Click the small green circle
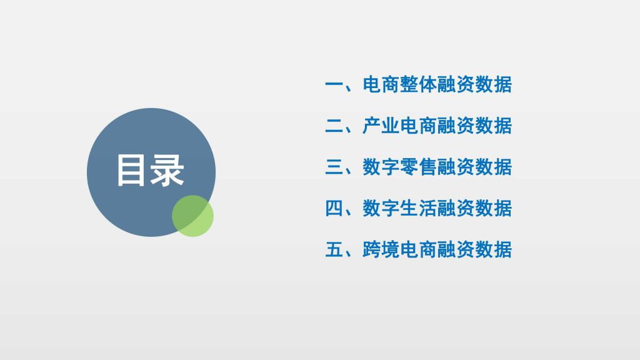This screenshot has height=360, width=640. click(192, 216)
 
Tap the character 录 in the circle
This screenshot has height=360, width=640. click(167, 171)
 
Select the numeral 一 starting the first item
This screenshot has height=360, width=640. click(334, 85)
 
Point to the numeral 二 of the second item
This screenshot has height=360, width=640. click(334, 126)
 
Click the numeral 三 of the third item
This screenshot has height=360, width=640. click(334, 167)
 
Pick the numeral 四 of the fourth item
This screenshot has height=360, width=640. click(334, 208)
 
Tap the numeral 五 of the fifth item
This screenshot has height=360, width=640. click(334, 249)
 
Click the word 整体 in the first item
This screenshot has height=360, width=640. click(418, 85)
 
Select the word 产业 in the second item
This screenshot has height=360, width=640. click(381, 126)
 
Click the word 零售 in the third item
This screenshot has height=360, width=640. click(418, 167)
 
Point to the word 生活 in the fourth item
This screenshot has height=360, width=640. click(418, 208)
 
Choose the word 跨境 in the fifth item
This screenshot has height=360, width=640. click(381, 249)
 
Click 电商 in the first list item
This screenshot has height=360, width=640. click(381, 85)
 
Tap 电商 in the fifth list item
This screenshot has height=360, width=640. click(418, 249)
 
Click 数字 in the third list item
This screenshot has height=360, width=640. click(381, 167)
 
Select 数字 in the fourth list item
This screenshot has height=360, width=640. click(381, 208)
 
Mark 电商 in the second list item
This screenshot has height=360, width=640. click(418, 126)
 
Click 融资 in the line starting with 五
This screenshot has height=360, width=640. click(456, 249)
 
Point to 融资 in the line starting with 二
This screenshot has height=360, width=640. click(456, 126)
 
